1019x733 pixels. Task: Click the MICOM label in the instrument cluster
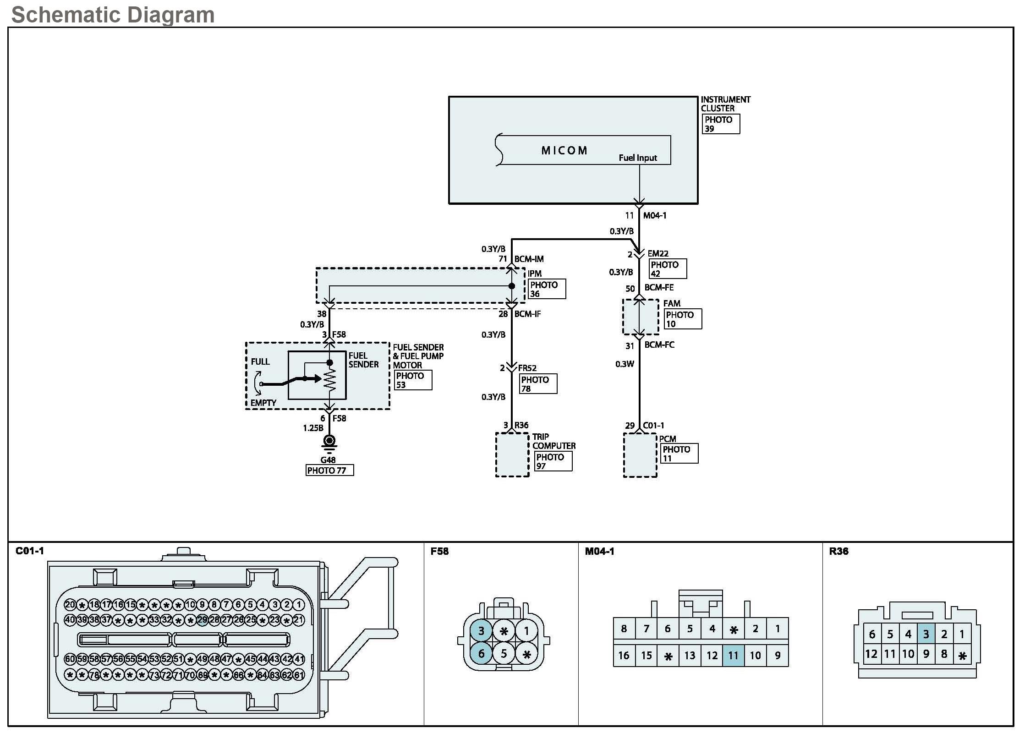click(x=564, y=151)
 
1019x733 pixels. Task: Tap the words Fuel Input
click(x=638, y=158)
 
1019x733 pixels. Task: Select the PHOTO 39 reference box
click(x=721, y=124)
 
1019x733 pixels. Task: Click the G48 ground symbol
click(x=329, y=443)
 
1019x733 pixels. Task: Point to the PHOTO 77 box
click(x=329, y=470)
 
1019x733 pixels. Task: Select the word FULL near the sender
click(x=260, y=361)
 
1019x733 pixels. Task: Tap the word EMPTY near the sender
click(x=263, y=403)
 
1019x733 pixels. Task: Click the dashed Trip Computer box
click(x=512, y=454)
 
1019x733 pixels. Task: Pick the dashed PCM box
click(x=640, y=455)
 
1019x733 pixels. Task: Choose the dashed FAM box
click(x=641, y=317)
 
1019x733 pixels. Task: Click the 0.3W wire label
click(x=625, y=364)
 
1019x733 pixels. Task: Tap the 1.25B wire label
click(x=313, y=428)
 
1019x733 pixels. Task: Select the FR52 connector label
click(x=527, y=368)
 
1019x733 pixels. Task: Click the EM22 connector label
click(x=658, y=253)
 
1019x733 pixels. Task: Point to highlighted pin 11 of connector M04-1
click(x=733, y=656)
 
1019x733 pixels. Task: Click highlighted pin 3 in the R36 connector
click(x=926, y=634)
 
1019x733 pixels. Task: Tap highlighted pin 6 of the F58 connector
click(x=481, y=653)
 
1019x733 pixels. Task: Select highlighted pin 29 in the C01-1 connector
click(x=202, y=620)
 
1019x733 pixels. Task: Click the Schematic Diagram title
click(x=113, y=15)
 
